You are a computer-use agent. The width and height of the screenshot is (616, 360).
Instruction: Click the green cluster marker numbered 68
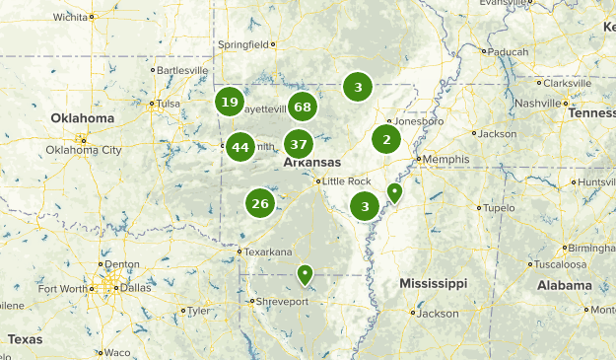[x=302, y=108]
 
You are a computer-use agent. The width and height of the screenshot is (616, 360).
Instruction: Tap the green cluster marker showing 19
[x=230, y=102]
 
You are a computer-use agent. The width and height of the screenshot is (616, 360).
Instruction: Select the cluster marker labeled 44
[x=240, y=147]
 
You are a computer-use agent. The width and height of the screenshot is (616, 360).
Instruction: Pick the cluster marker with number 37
[x=299, y=143]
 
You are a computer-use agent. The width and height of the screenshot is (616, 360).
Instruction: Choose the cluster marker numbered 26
[x=259, y=204]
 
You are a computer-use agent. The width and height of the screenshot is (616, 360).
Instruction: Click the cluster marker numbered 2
[x=386, y=139]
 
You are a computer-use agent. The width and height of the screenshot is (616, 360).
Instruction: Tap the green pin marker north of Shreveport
[x=306, y=273]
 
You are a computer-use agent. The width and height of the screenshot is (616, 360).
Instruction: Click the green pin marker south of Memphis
[x=395, y=191]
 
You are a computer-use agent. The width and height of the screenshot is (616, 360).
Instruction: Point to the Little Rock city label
[x=346, y=181]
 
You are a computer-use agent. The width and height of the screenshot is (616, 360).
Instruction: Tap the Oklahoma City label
[x=84, y=150]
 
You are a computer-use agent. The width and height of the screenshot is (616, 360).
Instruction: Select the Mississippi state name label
[x=433, y=283]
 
